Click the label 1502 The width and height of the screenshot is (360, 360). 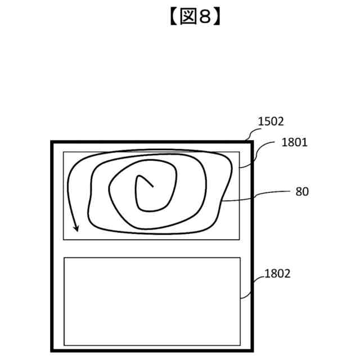point(271,121)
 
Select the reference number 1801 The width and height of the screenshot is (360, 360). point(294,143)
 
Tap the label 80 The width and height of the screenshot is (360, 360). point(302,191)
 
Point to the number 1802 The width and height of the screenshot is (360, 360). point(277,274)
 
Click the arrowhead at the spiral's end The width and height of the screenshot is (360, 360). point(76,228)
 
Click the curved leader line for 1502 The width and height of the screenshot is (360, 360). point(251,133)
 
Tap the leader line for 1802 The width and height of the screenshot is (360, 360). point(253,286)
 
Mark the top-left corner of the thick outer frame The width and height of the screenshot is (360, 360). point(52,142)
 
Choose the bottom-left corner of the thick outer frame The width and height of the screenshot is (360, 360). point(52,349)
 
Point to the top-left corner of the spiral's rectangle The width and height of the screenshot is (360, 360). point(64,152)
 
